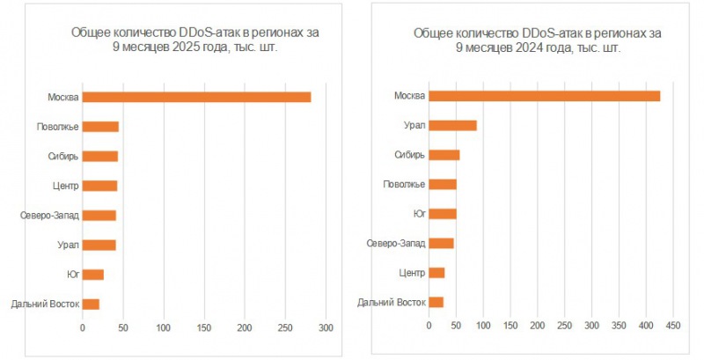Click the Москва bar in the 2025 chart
tap(196, 97)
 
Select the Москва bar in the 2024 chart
tap(544, 96)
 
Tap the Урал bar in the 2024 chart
tap(452, 126)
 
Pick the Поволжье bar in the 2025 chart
tap(100, 127)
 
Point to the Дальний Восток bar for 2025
tap(91, 305)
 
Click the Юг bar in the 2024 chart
tap(443, 214)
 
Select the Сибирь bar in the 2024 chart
tap(444, 155)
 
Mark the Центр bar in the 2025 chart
tap(99, 186)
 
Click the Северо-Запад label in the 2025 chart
tap(49, 216)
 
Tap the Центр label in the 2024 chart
tap(412, 273)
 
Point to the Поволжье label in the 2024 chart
tap(405, 184)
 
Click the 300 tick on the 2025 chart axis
tap(326, 328)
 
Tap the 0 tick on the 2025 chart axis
tap(83, 328)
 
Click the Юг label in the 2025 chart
tap(72, 275)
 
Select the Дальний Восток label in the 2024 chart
tap(392, 303)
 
